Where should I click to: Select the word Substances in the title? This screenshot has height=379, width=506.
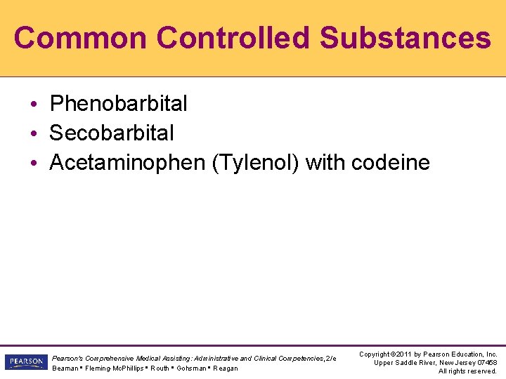click(406, 37)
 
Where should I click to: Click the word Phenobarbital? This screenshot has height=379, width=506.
click(119, 104)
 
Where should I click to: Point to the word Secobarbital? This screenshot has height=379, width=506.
click(112, 133)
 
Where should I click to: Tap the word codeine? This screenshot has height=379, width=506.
click(390, 163)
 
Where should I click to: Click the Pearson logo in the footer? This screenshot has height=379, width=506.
click(25, 362)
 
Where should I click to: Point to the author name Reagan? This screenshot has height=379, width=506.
click(226, 368)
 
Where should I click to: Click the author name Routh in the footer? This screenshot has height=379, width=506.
click(160, 368)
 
